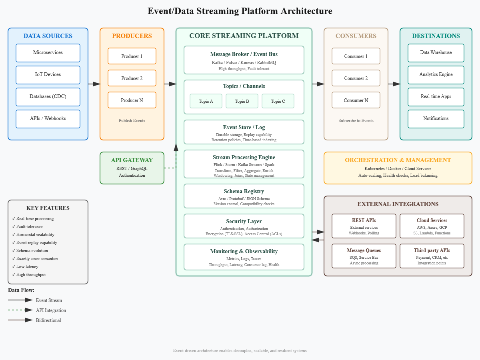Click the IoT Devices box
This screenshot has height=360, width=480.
coord(48,75)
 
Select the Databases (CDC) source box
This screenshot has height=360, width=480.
coord(48,97)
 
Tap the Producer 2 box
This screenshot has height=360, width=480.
coord(132,78)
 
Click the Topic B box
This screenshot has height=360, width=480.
coord(242,101)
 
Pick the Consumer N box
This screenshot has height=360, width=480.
coord(356,100)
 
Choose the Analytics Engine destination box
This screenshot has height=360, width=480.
coord(436,75)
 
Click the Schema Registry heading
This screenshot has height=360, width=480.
coord(244,192)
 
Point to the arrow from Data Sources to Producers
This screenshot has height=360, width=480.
coord(94,84)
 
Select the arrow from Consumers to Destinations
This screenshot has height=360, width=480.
coord(394,84)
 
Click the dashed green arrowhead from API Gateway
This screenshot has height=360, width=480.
coord(176,147)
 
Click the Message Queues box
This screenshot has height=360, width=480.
coord(364,256)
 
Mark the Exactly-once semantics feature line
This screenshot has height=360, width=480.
coord(37,259)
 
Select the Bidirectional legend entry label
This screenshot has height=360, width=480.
coord(48,320)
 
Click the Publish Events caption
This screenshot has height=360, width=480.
coord(132,121)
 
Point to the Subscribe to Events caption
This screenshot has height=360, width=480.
coord(356,121)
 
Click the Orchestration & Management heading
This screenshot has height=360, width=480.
coord(398,160)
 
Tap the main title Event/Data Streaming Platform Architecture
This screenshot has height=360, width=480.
coord(240,11)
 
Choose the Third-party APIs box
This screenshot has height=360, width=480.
coord(432,256)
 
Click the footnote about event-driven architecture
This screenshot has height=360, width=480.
coord(240,351)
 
